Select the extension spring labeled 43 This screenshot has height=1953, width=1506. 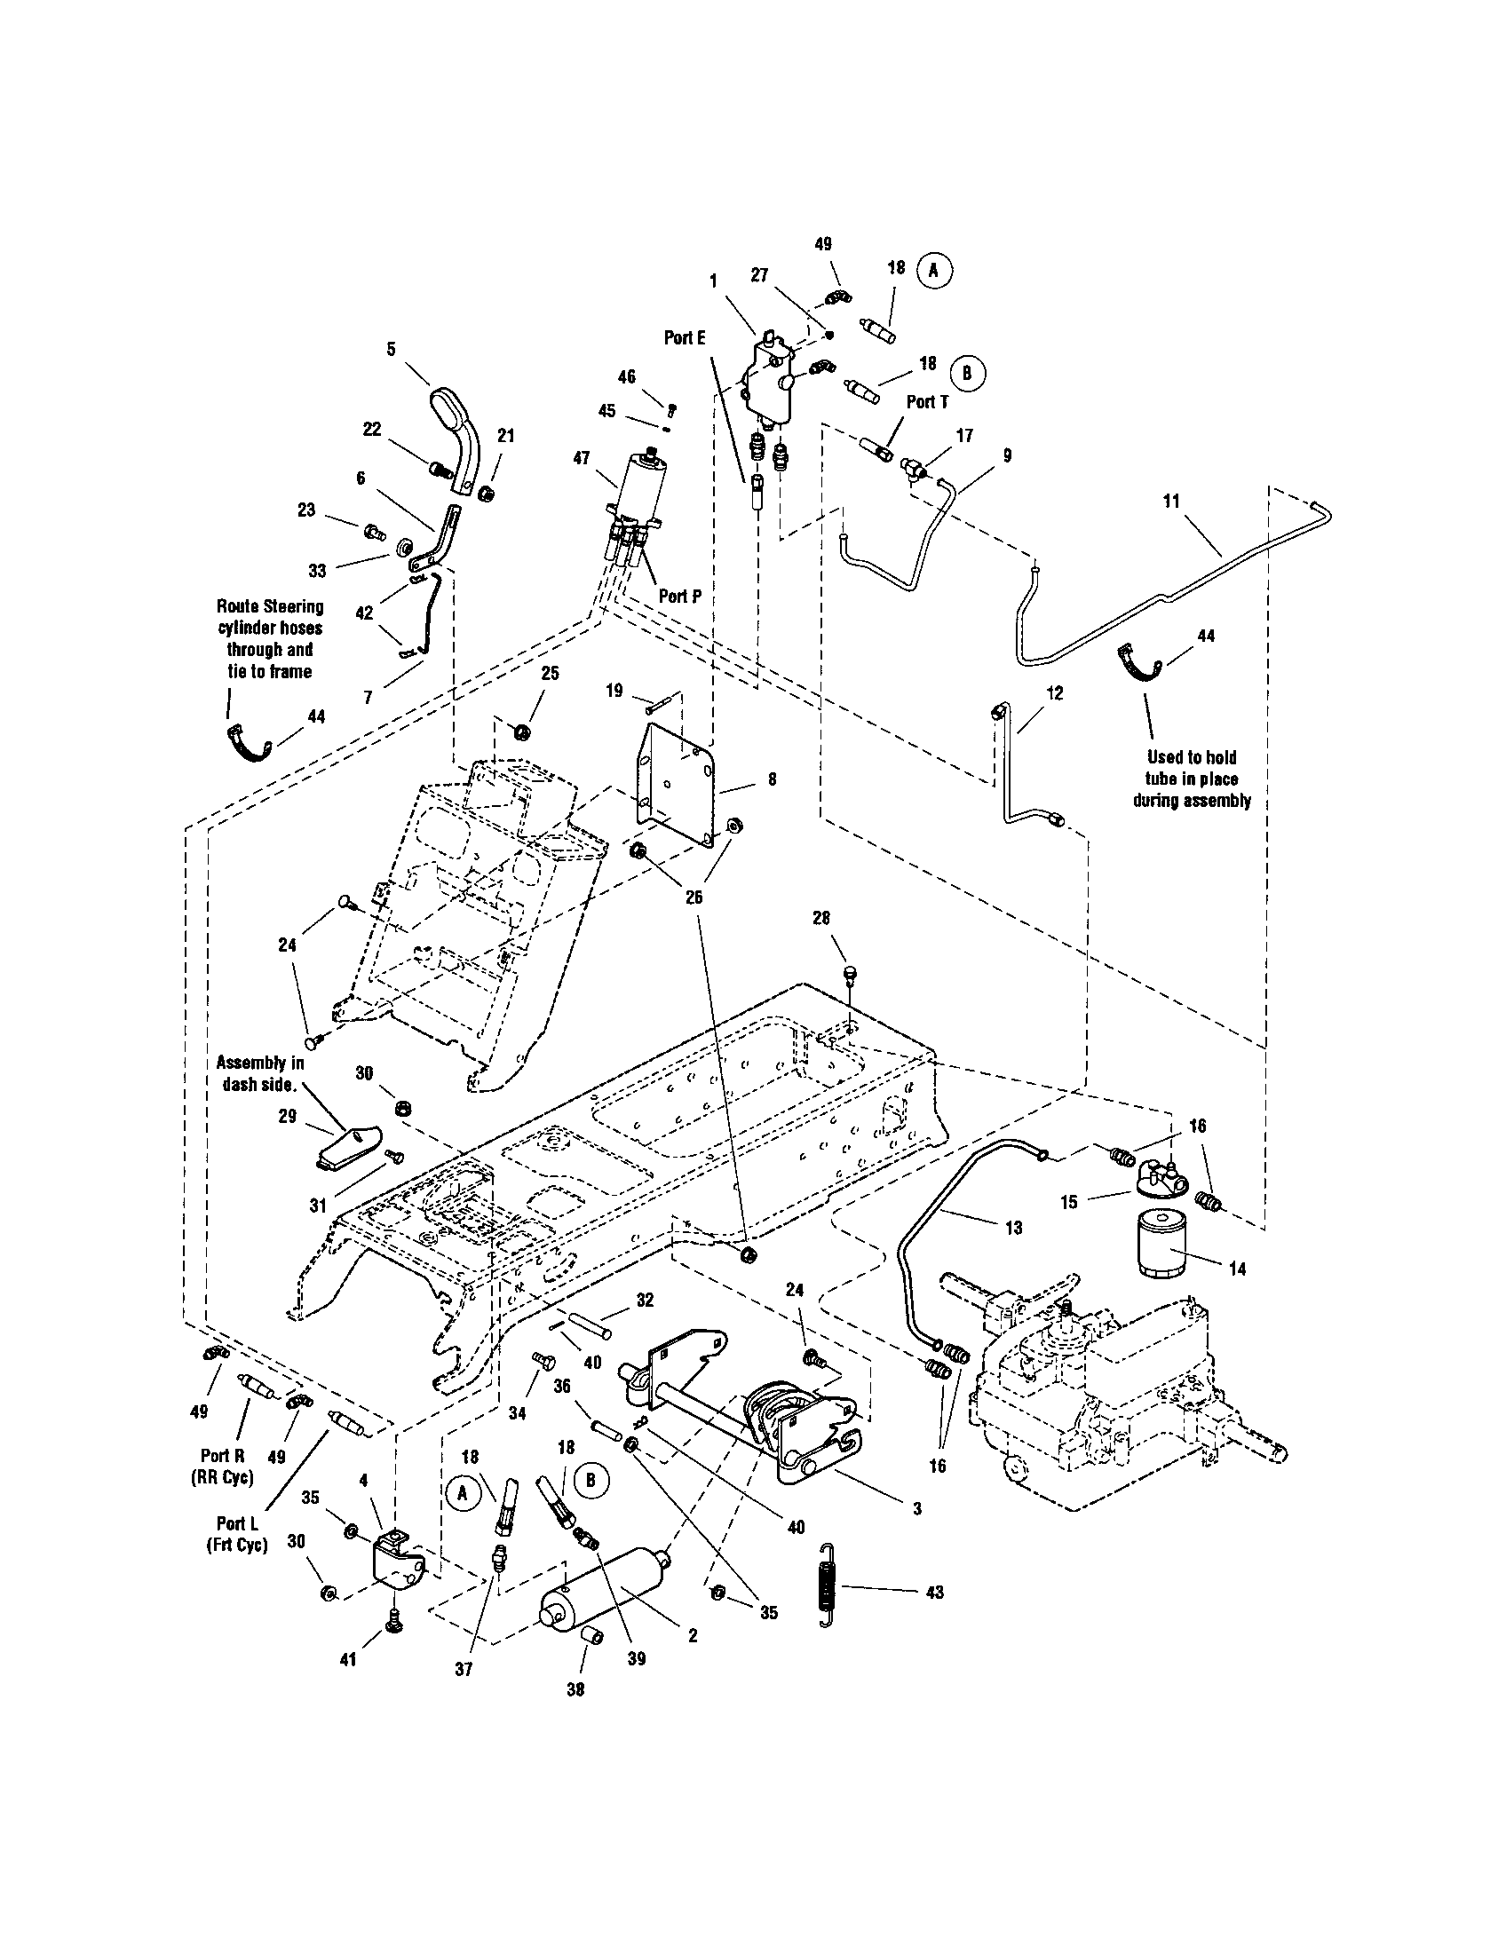(828, 1592)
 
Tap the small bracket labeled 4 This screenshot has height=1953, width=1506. (396, 1558)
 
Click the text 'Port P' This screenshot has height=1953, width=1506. (679, 597)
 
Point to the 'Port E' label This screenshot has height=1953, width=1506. (685, 337)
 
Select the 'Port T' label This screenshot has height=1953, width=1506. (926, 402)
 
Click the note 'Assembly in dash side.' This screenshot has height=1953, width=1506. (260, 1074)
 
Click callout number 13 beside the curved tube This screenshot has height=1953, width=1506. (1012, 1228)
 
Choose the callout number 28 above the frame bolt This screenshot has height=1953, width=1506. (821, 918)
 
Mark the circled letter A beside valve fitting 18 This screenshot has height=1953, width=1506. (932, 269)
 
